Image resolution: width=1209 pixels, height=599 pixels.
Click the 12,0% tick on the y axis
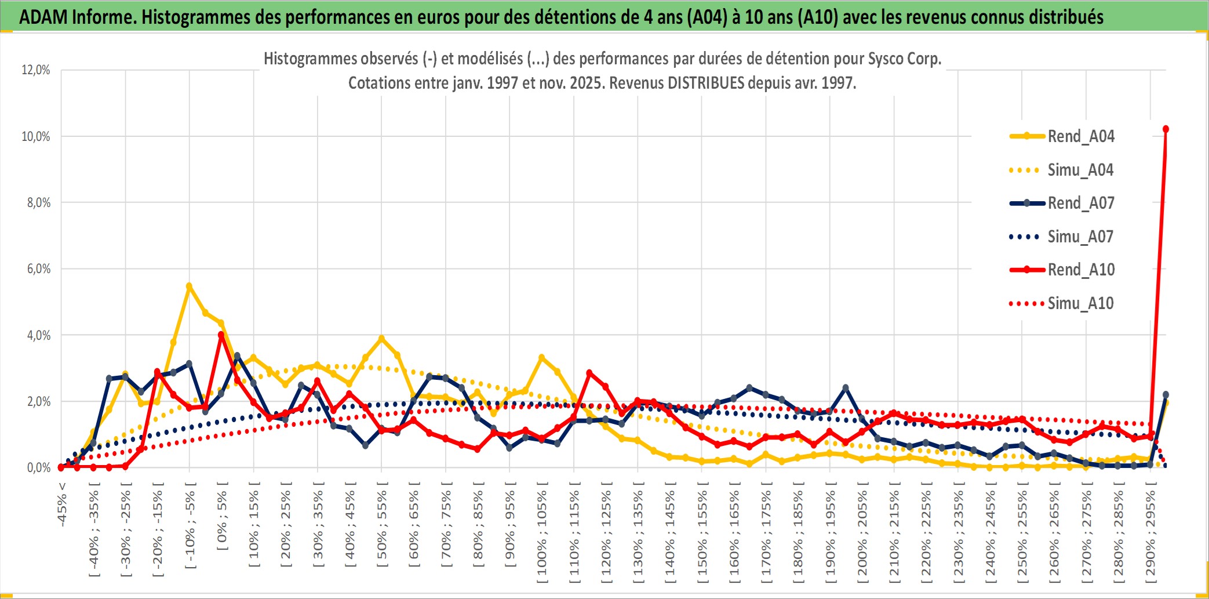click(x=36, y=70)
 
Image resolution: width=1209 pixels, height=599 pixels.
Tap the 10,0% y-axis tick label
click(x=36, y=136)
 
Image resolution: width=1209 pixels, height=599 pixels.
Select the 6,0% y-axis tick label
click(x=38, y=268)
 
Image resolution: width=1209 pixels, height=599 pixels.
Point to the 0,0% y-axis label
click(x=38, y=467)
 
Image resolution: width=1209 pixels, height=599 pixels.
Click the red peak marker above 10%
click(x=1166, y=129)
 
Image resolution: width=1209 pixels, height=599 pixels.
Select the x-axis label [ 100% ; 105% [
click(x=542, y=533)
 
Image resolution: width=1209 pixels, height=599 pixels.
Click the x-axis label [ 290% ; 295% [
click(x=1150, y=533)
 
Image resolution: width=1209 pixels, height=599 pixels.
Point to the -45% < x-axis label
click(x=62, y=504)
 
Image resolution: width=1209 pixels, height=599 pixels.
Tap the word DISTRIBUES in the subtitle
click(x=705, y=83)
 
